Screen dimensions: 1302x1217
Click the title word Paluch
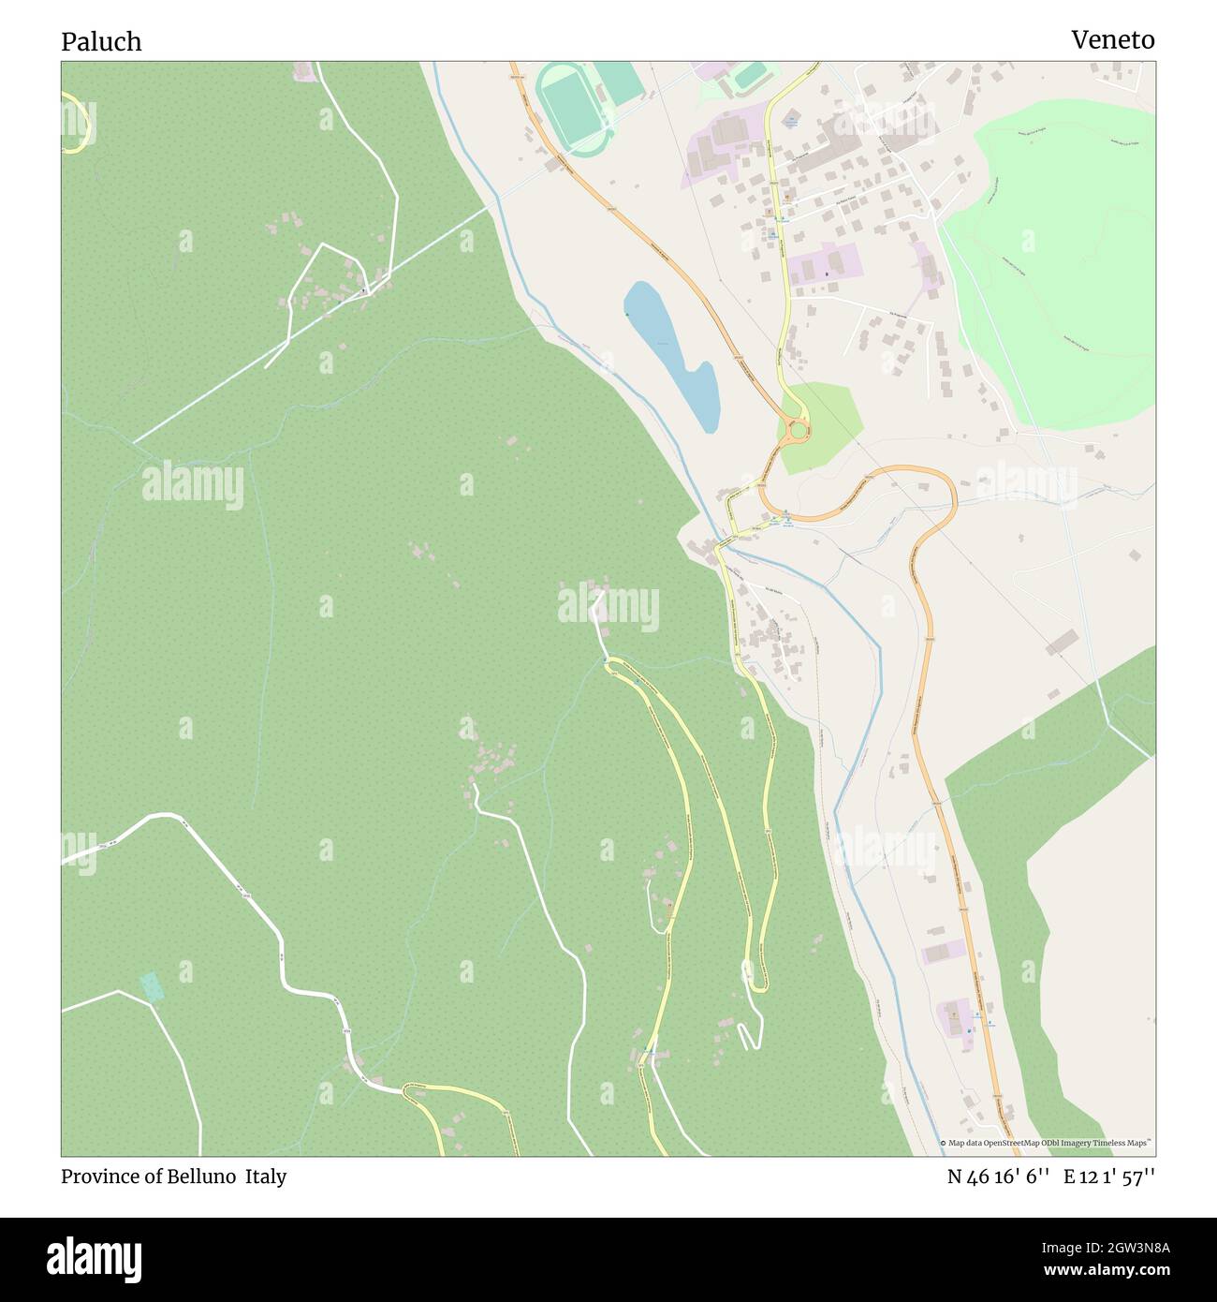click(x=101, y=41)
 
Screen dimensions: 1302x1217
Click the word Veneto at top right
click(x=1112, y=39)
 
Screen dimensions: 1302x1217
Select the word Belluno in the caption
click(x=203, y=1176)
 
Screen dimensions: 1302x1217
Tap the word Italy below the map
click(x=266, y=1176)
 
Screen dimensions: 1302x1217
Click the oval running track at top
click(x=573, y=107)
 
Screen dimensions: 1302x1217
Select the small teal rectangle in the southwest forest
click(x=150, y=986)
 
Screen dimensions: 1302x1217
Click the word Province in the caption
click(x=96, y=1176)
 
